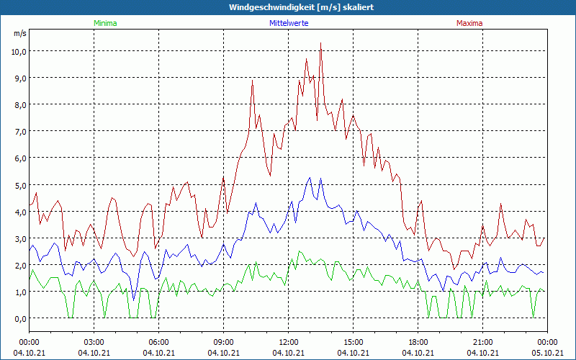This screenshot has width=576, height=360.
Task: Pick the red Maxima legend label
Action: click(x=469, y=23)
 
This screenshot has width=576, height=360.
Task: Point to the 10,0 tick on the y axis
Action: click(x=19, y=51)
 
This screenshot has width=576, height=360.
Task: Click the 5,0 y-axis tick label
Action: click(x=19, y=185)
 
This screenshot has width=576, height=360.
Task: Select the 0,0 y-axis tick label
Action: click(x=19, y=318)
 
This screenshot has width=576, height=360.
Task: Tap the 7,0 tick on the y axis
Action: click(x=19, y=132)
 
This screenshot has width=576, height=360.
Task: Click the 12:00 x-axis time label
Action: click(x=288, y=342)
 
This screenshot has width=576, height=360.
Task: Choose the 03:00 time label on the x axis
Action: click(x=94, y=342)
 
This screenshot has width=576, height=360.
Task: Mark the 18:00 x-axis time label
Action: click(x=418, y=342)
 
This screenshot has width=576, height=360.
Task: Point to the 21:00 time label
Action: click(x=482, y=342)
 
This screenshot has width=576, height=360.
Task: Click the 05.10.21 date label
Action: click(x=547, y=353)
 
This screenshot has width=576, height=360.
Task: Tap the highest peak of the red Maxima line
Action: click(x=320, y=44)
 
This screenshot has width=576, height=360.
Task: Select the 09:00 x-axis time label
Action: click(x=223, y=342)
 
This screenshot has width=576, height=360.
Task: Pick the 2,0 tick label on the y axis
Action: click(x=19, y=265)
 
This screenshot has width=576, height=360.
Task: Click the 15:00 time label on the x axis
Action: click(x=353, y=342)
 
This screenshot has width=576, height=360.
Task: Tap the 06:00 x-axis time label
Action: click(x=158, y=342)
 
